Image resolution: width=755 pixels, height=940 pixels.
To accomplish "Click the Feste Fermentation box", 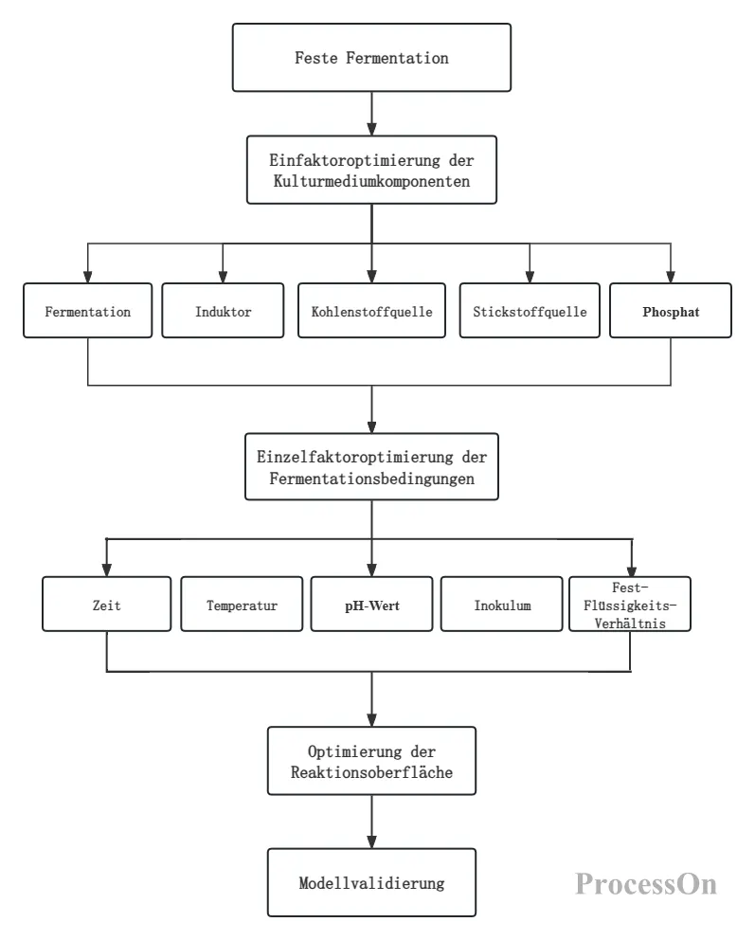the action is click(x=371, y=58).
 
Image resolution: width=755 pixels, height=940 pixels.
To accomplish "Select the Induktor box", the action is click(x=223, y=311).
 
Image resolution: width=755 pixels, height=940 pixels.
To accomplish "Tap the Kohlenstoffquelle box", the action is click(x=371, y=311).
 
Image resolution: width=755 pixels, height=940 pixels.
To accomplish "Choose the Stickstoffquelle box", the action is click(x=530, y=311).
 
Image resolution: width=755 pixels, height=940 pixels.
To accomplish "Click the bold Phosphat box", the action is click(x=671, y=311).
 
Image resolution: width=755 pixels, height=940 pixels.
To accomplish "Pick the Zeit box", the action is click(x=107, y=605).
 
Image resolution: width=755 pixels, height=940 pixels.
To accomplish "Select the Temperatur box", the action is click(x=242, y=605).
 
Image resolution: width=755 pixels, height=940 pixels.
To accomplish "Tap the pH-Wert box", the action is click(x=371, y=605).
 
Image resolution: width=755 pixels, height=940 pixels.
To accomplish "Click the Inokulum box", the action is click(x=501, y=605).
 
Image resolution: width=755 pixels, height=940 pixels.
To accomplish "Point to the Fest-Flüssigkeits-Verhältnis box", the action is click(x=630, y=605).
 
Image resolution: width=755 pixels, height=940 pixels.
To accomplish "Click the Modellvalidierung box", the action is click(x=371, y=882).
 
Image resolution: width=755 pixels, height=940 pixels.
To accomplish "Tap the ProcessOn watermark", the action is click(x=646, y=884).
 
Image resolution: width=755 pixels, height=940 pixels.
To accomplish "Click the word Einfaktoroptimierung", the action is click(x=354, y=161).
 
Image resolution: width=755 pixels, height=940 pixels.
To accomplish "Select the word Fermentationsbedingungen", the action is click(x=371, y=479).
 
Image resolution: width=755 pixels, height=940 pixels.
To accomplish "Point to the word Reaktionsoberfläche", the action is click(x=371, y=772).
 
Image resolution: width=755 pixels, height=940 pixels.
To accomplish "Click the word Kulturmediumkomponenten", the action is click(x=371, y=181).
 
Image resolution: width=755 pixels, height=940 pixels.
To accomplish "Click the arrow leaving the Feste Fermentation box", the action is click(x=371, y=114).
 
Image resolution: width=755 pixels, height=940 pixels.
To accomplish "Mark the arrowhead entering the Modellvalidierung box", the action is click(x=371, y=841).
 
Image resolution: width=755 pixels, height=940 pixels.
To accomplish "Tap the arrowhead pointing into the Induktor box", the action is click(x=223, y=277).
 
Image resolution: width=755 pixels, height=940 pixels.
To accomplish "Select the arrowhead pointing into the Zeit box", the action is click(x=107, y=570).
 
